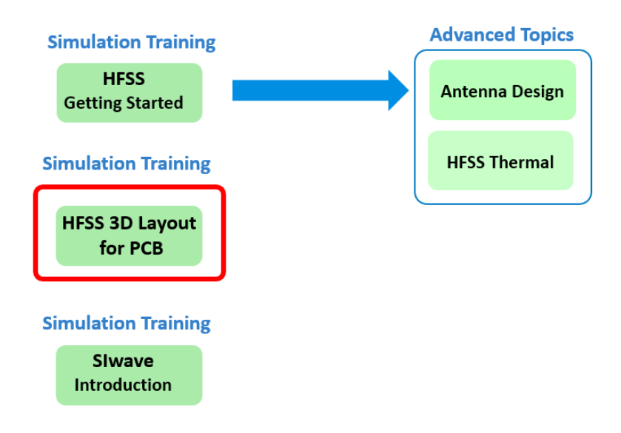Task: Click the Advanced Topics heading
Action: coord(502,35)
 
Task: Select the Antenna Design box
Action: coord(503,90)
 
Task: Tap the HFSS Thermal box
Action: coord(500,161)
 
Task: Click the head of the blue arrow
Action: coord(398,90)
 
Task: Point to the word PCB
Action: coord(146,249)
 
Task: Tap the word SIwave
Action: coord(123,361)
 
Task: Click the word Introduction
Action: coord(123,385)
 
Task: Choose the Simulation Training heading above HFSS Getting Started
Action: coord(132,43)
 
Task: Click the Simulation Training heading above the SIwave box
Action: coord(127,323)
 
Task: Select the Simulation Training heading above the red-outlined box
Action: coord(127,164)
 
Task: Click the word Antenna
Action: coord(474,92)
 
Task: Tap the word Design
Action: coord(537,93)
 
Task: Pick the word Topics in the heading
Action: coord(547,36)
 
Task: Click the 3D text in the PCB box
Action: coord(121,224)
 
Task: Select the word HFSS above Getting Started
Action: coord(124,79)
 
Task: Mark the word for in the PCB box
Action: coord(113,248)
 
